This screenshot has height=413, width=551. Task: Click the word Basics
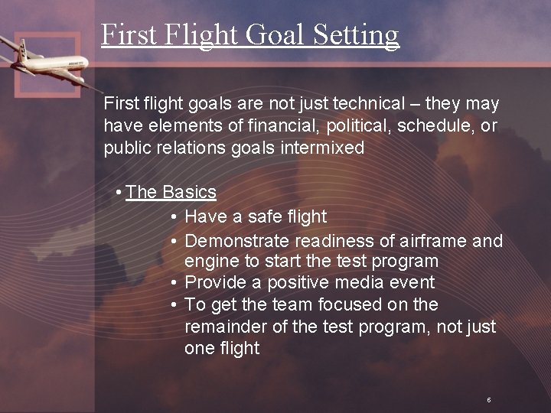coord(189,192)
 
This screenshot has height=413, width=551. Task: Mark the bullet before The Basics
coord(119,192)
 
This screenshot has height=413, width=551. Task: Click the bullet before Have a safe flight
coord(174,217)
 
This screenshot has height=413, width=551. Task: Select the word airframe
coord(433,241)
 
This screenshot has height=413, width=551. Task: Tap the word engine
coord(211,262)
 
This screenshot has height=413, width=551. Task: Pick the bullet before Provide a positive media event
coord(174,282)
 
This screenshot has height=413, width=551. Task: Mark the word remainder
coord(222,327)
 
